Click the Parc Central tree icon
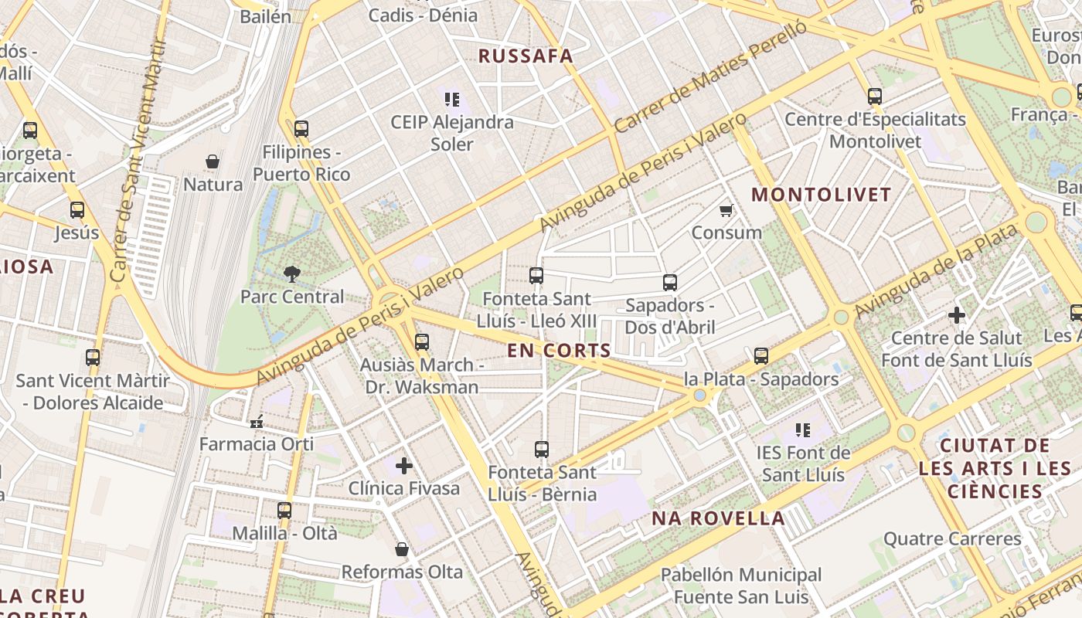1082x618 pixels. [x=291, y=273]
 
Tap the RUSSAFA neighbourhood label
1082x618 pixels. [x=526, y=56]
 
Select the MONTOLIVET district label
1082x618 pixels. [x=822, y=195]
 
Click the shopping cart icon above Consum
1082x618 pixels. [x=726, y=210]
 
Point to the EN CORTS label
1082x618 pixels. [x=560, y=350]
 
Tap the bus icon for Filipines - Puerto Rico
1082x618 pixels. [x=301, y=129]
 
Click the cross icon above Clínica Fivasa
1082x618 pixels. [x=403, y=465]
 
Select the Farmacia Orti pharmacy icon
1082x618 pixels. [x=257, y=422]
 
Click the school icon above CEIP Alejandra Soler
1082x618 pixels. [x=452, y=99]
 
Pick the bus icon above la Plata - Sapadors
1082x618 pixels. [x=761, y=356]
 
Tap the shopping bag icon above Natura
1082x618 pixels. [x=213, y=161]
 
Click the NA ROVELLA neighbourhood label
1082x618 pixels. [x=718, y=518]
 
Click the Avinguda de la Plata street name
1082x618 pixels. [x=936, y=267]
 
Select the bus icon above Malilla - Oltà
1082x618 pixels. [x=284, y=510]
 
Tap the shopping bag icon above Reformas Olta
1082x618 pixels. [x=401, y=549]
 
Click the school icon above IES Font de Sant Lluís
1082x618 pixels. [x=803, y=430]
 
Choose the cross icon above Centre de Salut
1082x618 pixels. [x=957, y=314]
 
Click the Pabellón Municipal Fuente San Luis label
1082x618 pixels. [x=741, y=586]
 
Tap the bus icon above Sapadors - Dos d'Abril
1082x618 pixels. [x=670, y=283]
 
